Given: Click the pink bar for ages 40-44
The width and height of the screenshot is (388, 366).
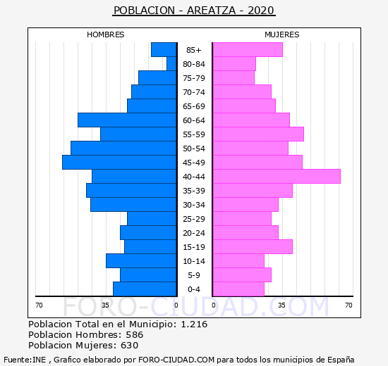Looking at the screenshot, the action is (x=277, y=177).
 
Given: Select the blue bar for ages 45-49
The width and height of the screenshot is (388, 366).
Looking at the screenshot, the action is (x=119, y=163).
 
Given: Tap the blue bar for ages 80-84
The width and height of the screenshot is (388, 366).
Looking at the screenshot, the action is (x=171, y=64).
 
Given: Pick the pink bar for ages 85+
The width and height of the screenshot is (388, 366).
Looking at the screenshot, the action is (x=248, y=50).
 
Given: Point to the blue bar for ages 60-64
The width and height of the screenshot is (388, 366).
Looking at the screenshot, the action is (x=127, y=120).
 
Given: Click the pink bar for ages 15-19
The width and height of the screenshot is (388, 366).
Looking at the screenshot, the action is (x=253, y=247).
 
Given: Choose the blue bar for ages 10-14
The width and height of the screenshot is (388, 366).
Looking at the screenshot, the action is (x=141, y=261).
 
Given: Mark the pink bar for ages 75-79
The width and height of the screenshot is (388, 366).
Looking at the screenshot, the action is (x=234, y=78).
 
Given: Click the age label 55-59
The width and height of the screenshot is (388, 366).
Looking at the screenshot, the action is (x=194, y=134).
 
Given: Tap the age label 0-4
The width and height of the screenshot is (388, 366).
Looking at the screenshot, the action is (x=194, y=289).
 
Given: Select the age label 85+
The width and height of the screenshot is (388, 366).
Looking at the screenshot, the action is (x=194, y=50).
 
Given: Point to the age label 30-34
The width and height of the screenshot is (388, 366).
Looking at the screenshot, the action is (x=194, y=205).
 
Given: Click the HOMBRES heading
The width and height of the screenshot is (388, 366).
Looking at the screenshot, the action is (x=106, y=34).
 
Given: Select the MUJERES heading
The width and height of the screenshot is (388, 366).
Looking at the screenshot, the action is (x=282, y=34).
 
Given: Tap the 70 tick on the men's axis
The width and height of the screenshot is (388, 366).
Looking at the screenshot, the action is (x=39, y=305).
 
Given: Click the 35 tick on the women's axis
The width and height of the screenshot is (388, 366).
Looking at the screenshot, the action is (x=281, y=305).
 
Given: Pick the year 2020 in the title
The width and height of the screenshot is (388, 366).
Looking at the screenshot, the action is (x=261, y=11).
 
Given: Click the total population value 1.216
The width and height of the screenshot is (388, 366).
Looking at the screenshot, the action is (x=194, y=324).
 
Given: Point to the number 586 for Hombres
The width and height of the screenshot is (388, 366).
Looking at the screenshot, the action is (x=135, y=334).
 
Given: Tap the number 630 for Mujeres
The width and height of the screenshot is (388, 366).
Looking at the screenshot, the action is (x=129, y=346).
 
